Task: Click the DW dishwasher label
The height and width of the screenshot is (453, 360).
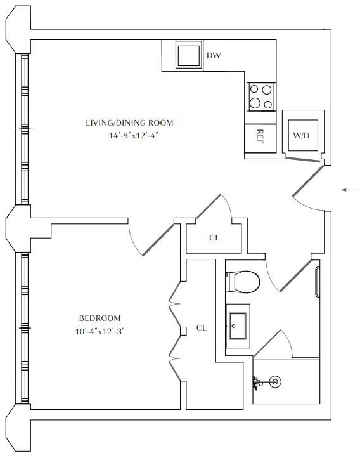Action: click(214, 55)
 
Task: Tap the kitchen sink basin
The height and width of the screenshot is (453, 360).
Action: click(188, 55)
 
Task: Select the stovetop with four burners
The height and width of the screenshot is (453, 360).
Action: click(260, 97)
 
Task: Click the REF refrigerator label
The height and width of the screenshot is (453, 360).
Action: click(260, 136)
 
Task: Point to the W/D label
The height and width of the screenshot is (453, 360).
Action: click(301, 135)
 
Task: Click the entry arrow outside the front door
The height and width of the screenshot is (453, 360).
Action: click(349, 190)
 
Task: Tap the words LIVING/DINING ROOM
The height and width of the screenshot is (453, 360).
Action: click(130, 123)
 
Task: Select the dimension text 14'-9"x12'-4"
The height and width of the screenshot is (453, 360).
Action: click(134, 136)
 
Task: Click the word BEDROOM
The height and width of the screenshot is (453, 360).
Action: click(100, 318)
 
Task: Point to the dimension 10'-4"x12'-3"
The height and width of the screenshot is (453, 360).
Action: click(100, 331)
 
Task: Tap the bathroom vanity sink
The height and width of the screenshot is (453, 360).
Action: click(238, 326)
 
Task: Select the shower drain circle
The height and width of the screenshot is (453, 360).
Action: click(275, 382)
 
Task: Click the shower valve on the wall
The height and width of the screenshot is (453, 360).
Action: click(256, 383)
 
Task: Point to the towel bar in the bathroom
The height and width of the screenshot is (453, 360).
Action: click(318, 282)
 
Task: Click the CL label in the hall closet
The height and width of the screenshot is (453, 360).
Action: click(214, 238)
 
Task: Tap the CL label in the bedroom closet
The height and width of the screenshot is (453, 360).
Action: click(201, 328)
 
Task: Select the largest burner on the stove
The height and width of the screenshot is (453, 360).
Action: click(255, 102)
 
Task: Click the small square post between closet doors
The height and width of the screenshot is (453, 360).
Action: click(183, 331)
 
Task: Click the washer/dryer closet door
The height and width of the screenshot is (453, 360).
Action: click(303, 159)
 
